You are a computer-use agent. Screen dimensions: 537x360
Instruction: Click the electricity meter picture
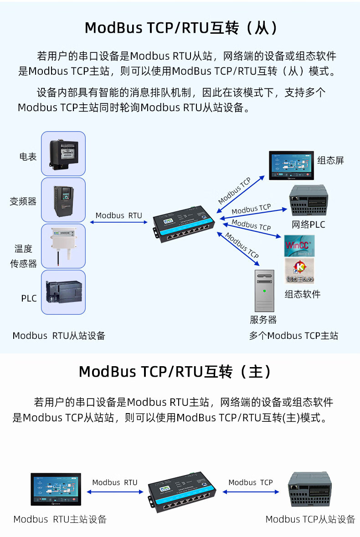click(x=63, y=153)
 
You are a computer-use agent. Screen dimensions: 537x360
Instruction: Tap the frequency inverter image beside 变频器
click(x=63, y=200)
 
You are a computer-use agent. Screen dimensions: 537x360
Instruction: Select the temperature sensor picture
click(x=63, y=245)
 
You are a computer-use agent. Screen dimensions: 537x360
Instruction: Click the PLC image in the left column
click(x=63, y=292)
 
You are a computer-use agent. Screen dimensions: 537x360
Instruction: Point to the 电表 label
click(x=28, y=157)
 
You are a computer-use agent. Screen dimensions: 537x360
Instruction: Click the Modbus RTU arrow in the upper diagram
click(x=119, y=222)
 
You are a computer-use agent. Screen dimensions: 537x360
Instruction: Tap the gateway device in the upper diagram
click(x=184, y=225)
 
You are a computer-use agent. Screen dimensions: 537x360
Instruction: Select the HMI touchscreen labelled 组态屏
click(x=292, y=165)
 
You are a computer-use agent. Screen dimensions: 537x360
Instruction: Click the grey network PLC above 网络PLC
click(x=309, y=201)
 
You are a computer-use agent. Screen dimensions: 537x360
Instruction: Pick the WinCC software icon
click(x=299, y=245)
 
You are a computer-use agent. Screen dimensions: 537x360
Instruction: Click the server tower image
click(x=264, y=291)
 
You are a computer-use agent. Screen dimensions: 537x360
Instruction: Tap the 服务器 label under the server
click(x=263, y=320)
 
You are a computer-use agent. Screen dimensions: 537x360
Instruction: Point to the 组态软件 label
click(x=303, y=294)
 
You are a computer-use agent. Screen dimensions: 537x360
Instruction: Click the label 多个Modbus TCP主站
click(x=293, y=336)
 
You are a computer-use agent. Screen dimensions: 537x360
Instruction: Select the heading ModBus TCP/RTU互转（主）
click(x=175, y=372)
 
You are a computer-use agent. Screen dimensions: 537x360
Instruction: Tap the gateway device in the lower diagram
click(x=180, y=493)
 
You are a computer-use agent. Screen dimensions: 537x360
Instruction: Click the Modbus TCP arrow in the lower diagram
click(x=251, y=492)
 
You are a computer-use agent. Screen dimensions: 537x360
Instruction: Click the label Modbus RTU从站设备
click(x=59, y=336)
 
